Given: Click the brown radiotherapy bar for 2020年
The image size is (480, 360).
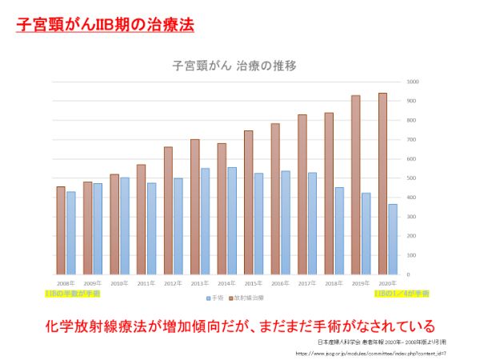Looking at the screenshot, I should [382, 184].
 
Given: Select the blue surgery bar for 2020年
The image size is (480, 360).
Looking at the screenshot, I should [393, 239].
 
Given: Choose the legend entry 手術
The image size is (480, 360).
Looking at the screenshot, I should [214, 298].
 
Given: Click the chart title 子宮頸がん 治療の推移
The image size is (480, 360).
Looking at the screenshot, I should [230, 66].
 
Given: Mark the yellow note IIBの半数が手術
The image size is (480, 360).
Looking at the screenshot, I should [73, 294].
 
